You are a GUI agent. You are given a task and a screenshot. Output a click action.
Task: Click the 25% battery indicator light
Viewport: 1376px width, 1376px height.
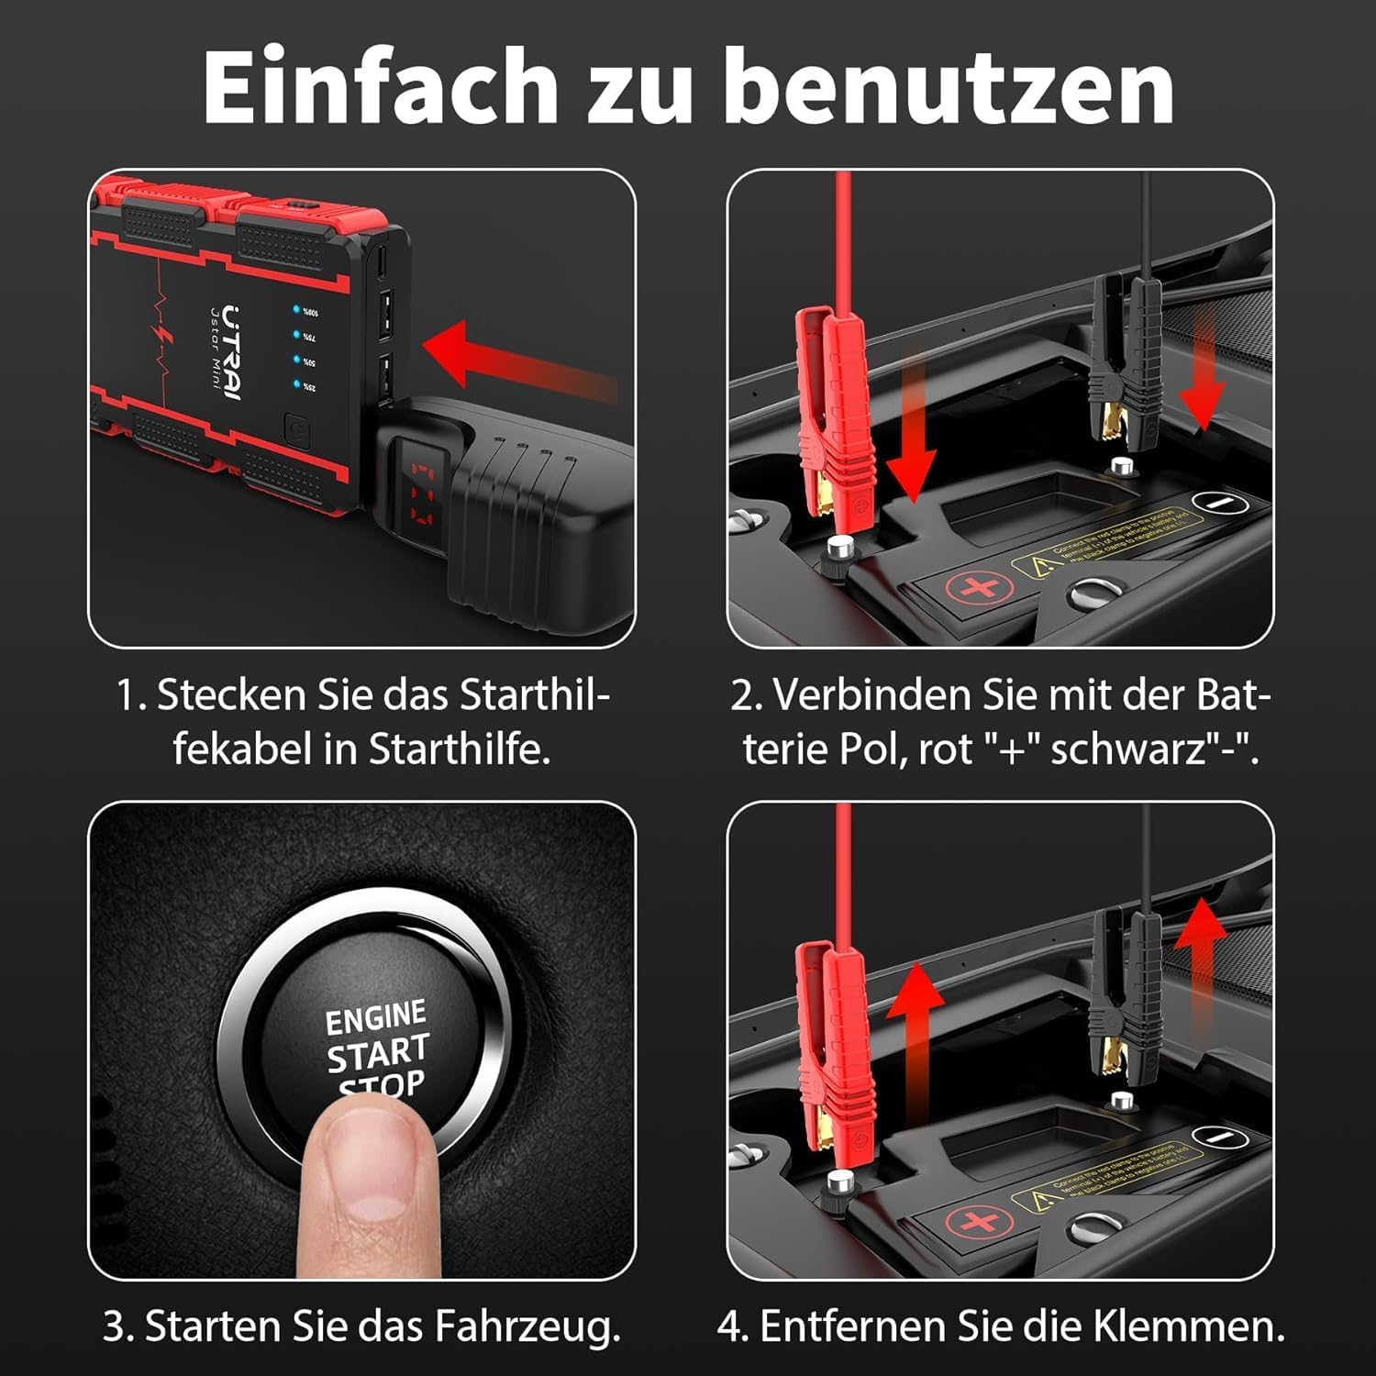[298, 385]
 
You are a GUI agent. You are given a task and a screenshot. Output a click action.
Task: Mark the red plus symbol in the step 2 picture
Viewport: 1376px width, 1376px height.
[977, 587]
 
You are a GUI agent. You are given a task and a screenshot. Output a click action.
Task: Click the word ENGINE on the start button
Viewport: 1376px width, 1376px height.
[376, 1017]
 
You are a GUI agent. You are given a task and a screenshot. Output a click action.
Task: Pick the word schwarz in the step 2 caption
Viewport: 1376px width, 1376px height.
[1129, 749]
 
